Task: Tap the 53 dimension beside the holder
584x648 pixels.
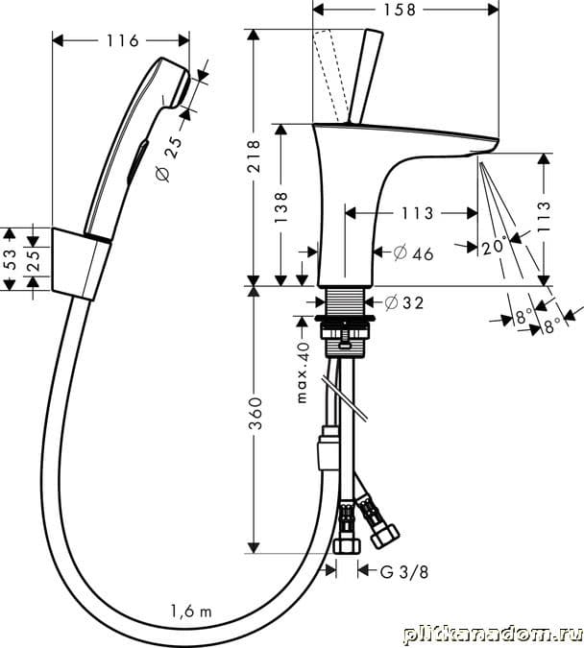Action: (x=11, y=257)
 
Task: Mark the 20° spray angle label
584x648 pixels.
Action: (x=494, y=247)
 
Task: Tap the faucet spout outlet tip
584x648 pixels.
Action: (x=485, y=149)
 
